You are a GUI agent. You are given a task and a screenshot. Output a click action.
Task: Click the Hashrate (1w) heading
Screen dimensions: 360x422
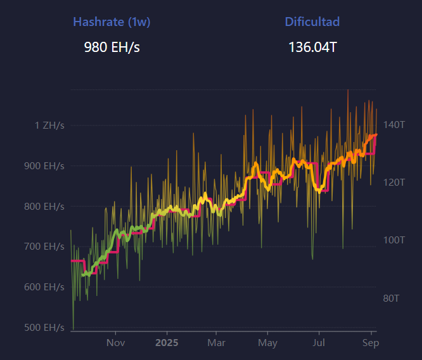tap(112, 22)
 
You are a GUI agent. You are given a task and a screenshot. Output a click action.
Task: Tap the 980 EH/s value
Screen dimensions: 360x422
tap(112, 48)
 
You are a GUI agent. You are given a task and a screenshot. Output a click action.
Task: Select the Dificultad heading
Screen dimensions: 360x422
tap(312, 22)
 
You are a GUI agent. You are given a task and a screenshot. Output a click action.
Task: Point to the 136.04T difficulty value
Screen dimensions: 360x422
tap(312, 48)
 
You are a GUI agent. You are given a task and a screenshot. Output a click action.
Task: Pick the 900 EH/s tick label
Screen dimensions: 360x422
tap(44, 166)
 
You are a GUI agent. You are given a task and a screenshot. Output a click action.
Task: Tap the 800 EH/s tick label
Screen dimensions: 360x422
tap(44, 207)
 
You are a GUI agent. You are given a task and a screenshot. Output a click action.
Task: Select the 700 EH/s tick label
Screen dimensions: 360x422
tap(44, 247)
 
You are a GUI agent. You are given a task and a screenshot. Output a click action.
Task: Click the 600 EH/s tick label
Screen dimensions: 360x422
tap(44, 287)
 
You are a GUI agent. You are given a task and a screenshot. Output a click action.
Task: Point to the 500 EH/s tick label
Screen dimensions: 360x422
tap(44, 328)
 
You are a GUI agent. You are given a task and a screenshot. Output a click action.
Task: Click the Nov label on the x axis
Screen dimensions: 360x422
tap(115, 343)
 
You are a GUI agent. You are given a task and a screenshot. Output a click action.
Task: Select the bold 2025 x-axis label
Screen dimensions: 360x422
tap(167, 343)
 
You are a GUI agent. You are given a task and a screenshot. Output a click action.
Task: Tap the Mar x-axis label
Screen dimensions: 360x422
tap(216, 343)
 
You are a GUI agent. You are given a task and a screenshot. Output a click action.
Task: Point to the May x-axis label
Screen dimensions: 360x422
tap(267, 343)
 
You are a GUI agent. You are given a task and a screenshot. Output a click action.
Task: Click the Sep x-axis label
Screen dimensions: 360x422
tap(371, 343)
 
